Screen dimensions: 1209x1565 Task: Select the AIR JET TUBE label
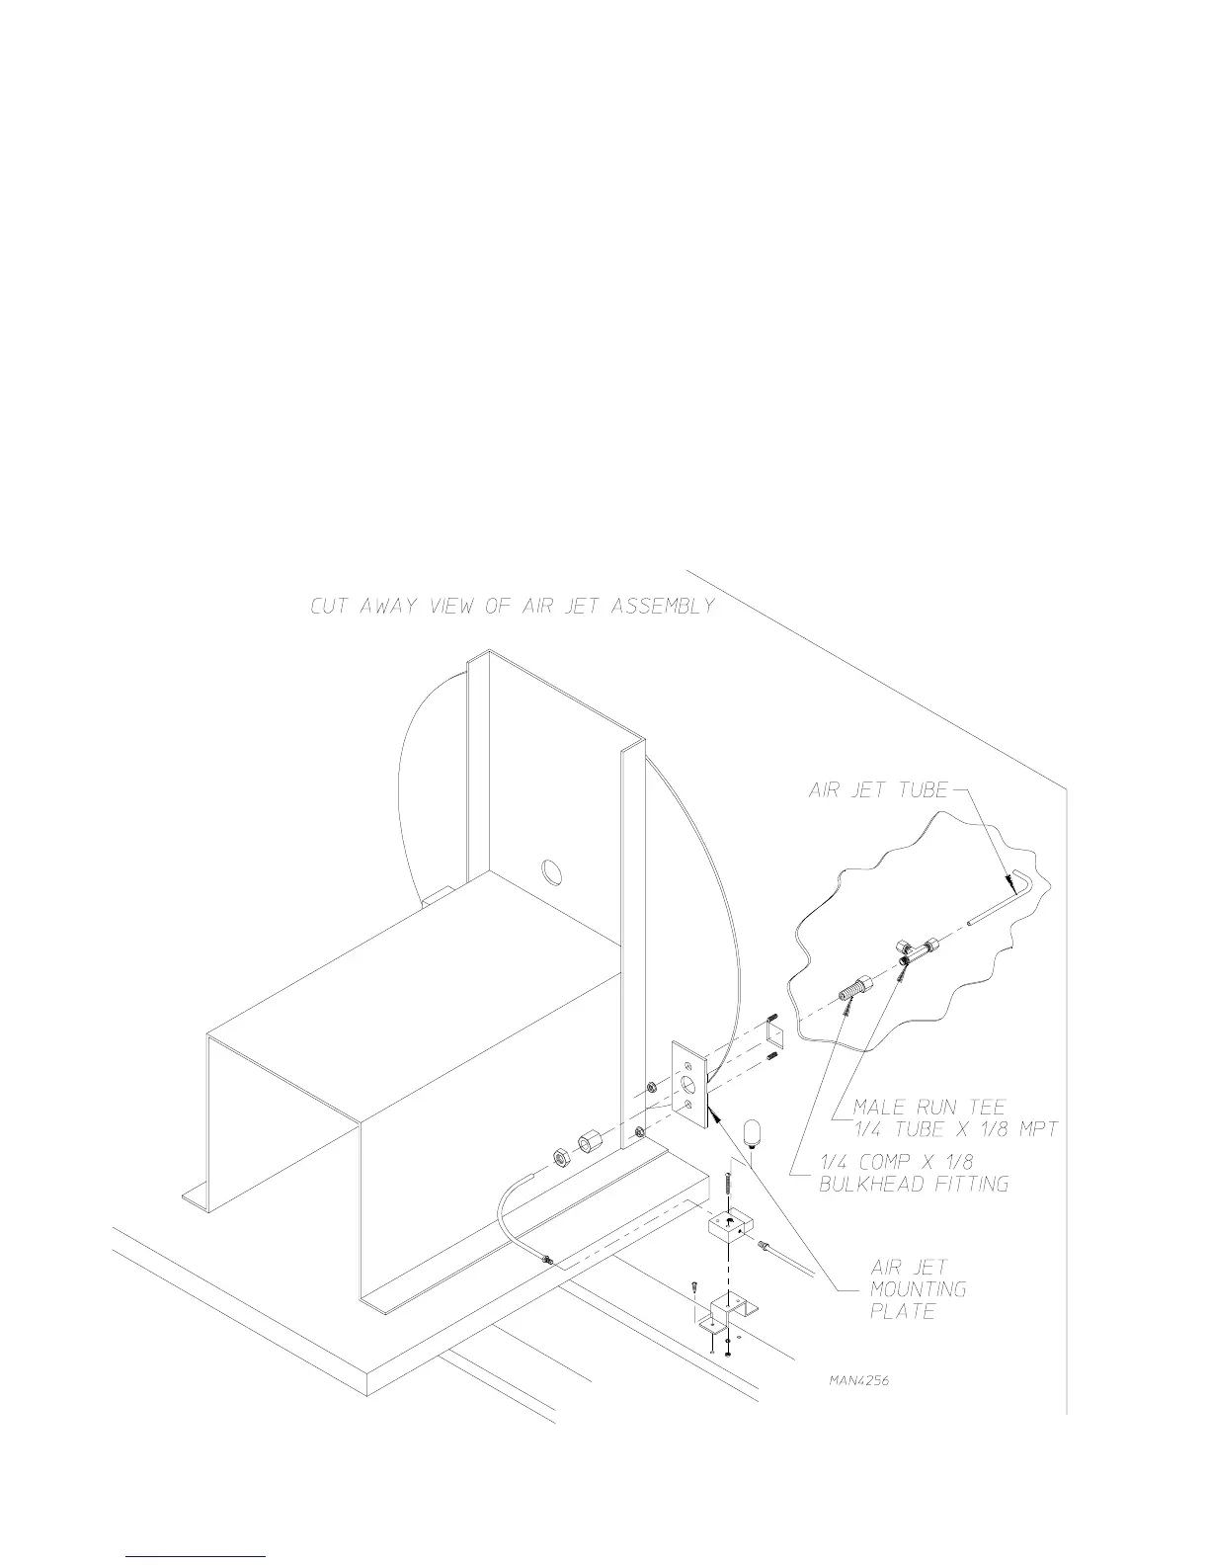878,790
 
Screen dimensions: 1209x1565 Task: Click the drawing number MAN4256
858,1380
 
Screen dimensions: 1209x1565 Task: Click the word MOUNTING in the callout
918,1289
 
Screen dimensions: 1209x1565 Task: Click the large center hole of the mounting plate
689,1085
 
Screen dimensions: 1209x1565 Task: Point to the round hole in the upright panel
551,871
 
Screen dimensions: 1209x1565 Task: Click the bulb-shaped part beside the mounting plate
753,1132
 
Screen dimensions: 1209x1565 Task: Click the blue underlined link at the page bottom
196,1557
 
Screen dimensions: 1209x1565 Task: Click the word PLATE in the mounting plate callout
902,1312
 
